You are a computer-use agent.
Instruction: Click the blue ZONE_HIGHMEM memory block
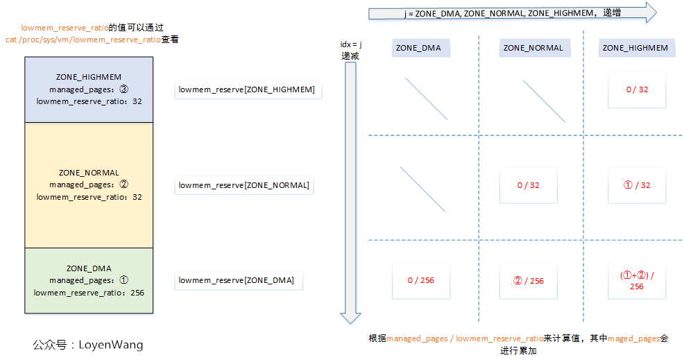[88, 89]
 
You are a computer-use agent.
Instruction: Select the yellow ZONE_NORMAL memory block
[88, 185]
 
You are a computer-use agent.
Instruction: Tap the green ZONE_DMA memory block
[88, 280]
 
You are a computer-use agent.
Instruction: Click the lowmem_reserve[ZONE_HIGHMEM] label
[247, 89]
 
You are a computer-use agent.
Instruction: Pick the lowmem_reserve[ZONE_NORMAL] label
[244, 185]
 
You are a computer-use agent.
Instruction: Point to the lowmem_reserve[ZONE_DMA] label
[237, 280]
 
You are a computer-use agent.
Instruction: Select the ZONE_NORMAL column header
[533, 48]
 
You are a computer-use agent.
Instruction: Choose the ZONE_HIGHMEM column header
[635, 48]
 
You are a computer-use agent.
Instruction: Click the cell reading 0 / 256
[421, 280]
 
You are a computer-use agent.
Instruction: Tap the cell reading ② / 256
[528, 280]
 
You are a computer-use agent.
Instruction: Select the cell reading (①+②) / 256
[636, 280]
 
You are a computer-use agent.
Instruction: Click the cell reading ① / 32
[636, 185]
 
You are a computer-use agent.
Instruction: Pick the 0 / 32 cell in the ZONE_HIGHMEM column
[636, 89]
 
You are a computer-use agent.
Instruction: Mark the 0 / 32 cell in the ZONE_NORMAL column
[529, 185]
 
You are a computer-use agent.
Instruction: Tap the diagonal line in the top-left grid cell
[425, 96]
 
